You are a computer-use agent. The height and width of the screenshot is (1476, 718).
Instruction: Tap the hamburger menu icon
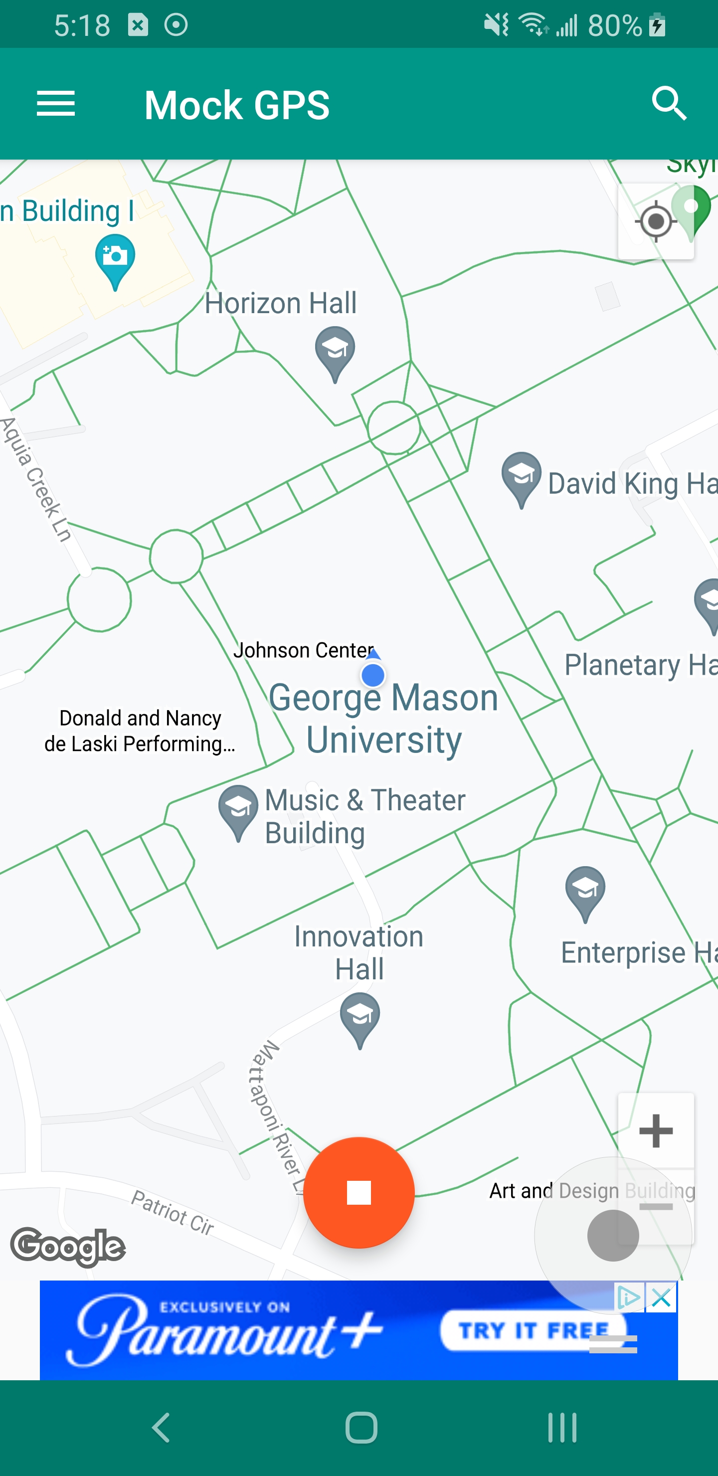click(55, 104)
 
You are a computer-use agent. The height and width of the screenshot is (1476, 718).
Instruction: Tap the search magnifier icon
click(669, 104)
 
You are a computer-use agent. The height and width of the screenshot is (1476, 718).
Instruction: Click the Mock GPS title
click(237, 105)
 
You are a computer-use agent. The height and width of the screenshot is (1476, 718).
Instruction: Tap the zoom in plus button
click(656, 1130)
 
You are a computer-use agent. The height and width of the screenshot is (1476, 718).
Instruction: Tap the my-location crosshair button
click(655, 221)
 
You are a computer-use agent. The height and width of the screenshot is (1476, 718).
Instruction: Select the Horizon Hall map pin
click(335, 350)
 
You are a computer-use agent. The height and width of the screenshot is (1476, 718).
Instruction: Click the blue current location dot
click(373, 675)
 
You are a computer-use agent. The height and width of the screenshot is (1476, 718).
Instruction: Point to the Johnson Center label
click(303, 650)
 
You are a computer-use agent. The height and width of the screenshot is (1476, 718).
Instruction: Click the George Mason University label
click(384, 718)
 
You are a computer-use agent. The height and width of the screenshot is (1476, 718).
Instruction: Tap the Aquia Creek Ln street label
click(37, 479)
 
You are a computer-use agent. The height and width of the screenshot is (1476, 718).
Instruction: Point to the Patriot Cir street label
click(173, 1211)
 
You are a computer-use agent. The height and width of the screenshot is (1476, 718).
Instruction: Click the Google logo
click(68, 1246)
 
